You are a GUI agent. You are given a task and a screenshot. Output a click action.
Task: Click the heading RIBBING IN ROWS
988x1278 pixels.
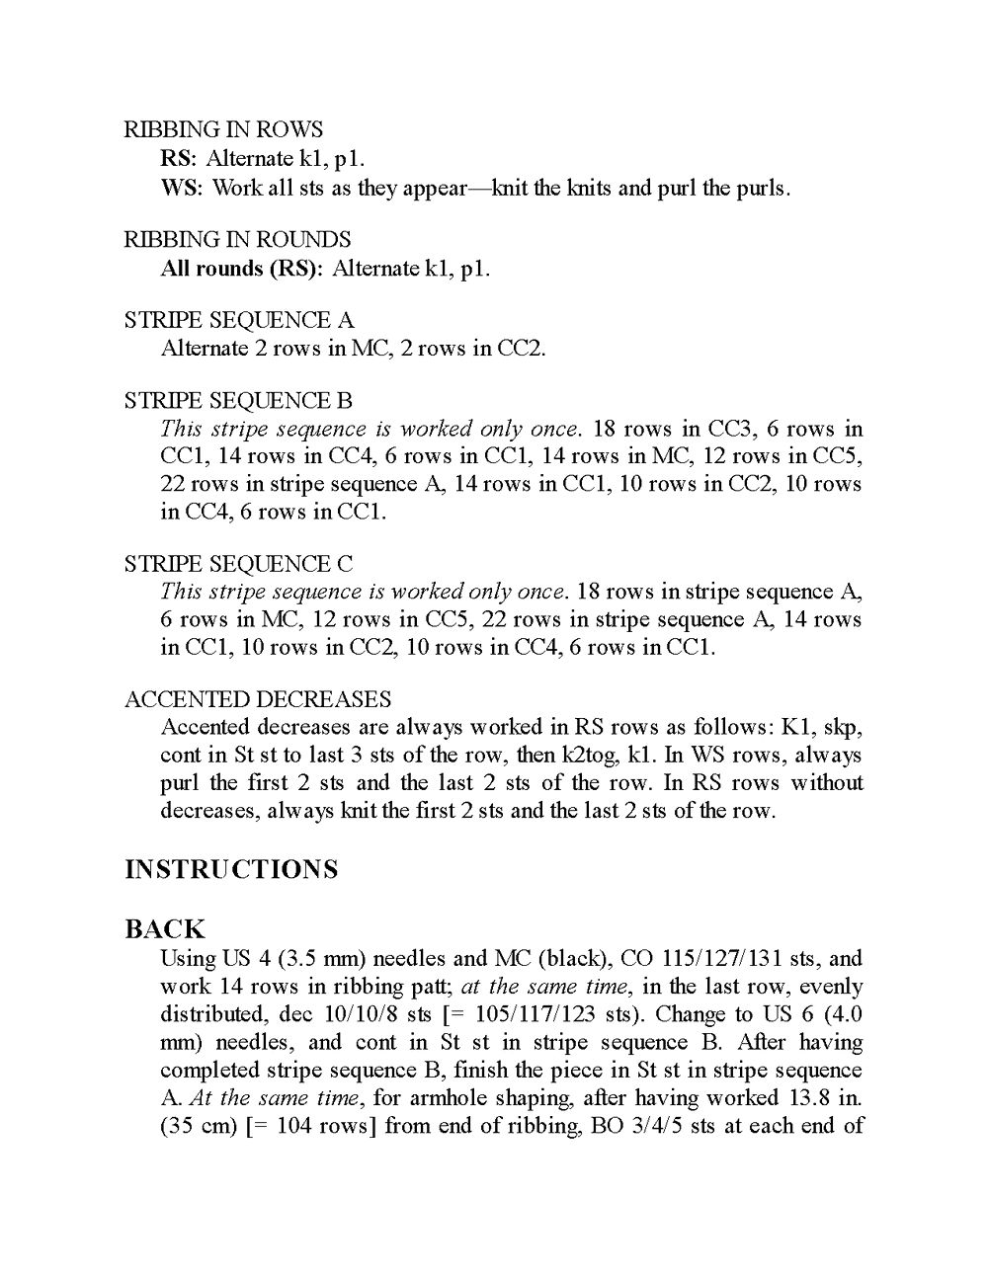(223, 129)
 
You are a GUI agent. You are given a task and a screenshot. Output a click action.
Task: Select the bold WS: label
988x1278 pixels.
(182, 188)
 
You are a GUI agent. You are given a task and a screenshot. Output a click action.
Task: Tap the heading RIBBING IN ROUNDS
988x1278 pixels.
(237, 239)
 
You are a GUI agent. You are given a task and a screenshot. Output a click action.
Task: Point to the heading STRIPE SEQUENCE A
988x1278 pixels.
(239, 320)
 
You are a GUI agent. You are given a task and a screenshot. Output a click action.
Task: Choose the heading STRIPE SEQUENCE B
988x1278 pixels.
(238, 401)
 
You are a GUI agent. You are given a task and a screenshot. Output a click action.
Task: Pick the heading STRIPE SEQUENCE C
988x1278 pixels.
(238, 564)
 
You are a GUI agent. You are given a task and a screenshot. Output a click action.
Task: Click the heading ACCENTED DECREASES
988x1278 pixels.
(258, 700)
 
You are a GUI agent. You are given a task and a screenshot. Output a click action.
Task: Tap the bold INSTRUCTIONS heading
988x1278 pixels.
(231, 870)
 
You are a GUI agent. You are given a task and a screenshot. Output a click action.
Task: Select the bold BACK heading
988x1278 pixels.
(165, 929)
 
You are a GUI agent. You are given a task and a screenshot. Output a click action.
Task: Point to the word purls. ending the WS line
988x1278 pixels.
(762, 188)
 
